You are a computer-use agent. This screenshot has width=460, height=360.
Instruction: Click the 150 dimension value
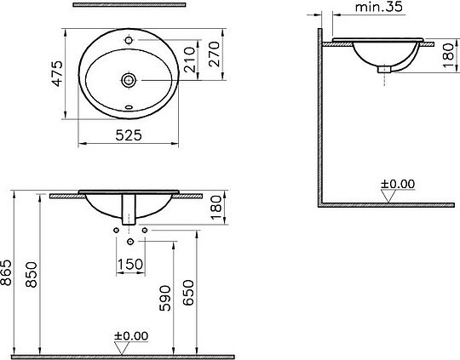point(129,265)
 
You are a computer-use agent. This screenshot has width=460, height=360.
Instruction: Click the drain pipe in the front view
point(129,211)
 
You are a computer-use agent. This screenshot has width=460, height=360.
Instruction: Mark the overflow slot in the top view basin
point(129,108)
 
